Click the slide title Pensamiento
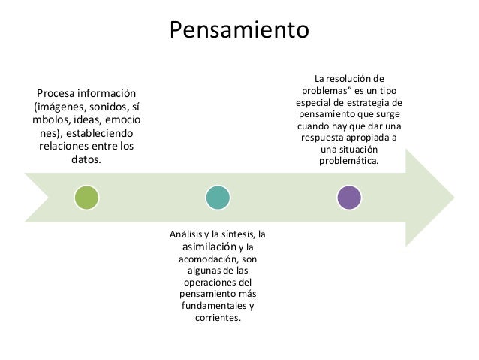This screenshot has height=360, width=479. (239, 30)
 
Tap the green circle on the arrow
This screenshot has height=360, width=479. (86, 198)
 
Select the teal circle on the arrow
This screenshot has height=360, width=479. (218, 198)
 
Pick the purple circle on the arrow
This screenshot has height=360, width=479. (349, 198)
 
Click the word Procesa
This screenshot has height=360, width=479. (59, 93)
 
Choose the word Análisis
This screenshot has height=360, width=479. (192, 234)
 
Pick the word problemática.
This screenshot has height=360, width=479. (349, 161)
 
